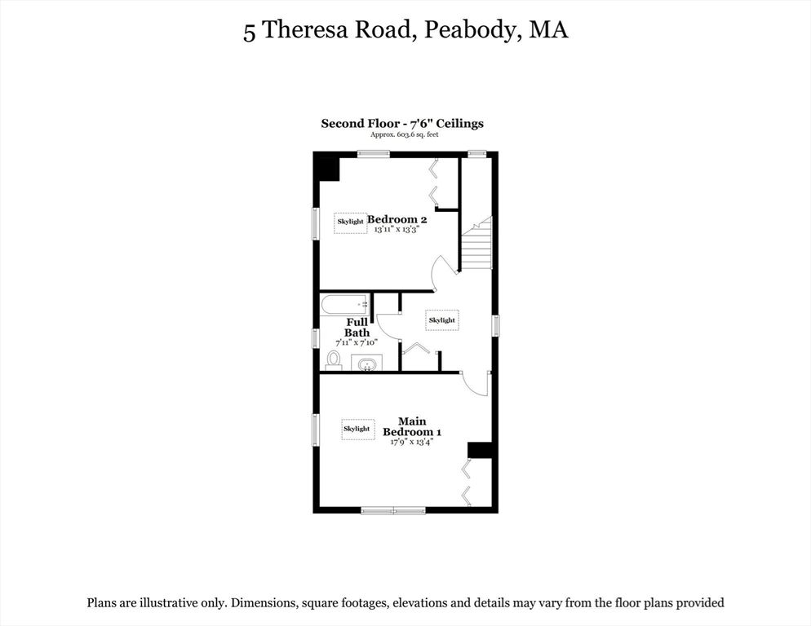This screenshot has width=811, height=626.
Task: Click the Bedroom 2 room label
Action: tap(397, 219)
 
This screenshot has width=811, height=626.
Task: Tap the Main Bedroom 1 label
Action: tap(412, 426)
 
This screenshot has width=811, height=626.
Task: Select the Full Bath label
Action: tap(357, 327)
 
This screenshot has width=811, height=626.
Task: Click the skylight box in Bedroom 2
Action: tap(351, 223)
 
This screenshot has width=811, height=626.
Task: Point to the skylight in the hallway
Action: tap(441, 320)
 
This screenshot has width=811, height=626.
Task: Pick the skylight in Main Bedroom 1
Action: tap(357, 429)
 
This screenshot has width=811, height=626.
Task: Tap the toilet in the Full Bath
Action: tap(334, 359)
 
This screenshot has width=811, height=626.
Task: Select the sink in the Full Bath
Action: tap(366, 363)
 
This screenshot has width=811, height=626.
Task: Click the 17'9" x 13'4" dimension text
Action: tap(413, 442)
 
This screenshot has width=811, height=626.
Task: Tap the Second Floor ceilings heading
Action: tap(402, 124)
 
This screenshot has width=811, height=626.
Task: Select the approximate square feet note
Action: tap(404, 134)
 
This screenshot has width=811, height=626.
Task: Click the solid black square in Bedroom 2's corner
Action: tap(327, 168)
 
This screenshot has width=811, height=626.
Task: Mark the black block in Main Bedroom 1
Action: tap(479, 450)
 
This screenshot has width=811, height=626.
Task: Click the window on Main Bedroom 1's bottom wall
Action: tap(393, 511)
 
